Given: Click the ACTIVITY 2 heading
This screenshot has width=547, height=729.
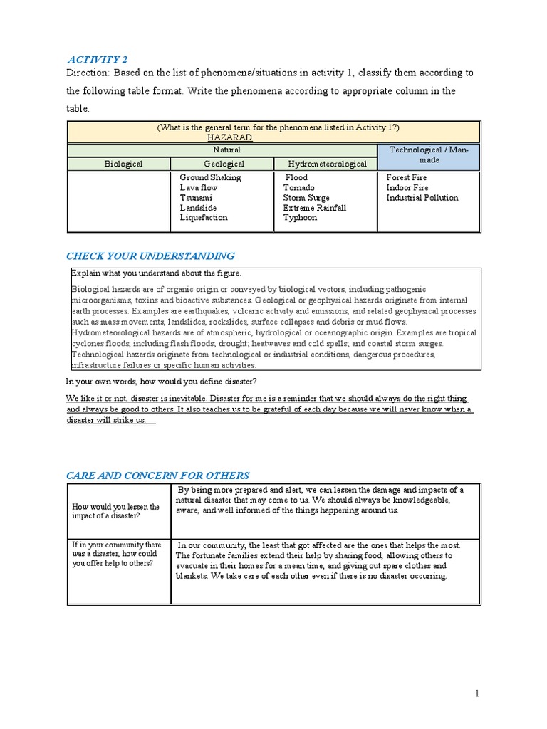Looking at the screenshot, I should click(x=97, y=59).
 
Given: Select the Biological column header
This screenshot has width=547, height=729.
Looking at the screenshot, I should click(x=123, y=164).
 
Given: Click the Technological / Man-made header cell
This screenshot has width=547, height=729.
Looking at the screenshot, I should click(x=427, y=155).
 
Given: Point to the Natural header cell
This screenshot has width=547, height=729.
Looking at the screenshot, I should click(x=226, y=150).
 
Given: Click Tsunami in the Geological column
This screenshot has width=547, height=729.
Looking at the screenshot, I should click(x=195, y=198).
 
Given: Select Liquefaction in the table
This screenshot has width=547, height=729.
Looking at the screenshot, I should click(x=204, y=218).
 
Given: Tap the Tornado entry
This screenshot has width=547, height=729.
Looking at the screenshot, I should click(x=298, y=188).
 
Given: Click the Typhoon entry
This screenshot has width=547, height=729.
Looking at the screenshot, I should click(x=300, y=218).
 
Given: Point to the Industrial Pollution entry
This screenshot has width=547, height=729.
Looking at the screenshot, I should click(x=422, y=198).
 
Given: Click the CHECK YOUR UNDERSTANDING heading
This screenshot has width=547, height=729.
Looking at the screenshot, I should click(x=150, y=256).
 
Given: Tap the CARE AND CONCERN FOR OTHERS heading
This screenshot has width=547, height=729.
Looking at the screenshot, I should click(x=158, y=476).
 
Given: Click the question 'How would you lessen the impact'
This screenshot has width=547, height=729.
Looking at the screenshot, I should click(x=116, y=512).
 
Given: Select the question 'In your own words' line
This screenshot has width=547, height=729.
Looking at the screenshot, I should click(x=162, y=382).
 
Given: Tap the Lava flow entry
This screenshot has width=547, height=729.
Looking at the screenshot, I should click(x=199, y=188).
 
